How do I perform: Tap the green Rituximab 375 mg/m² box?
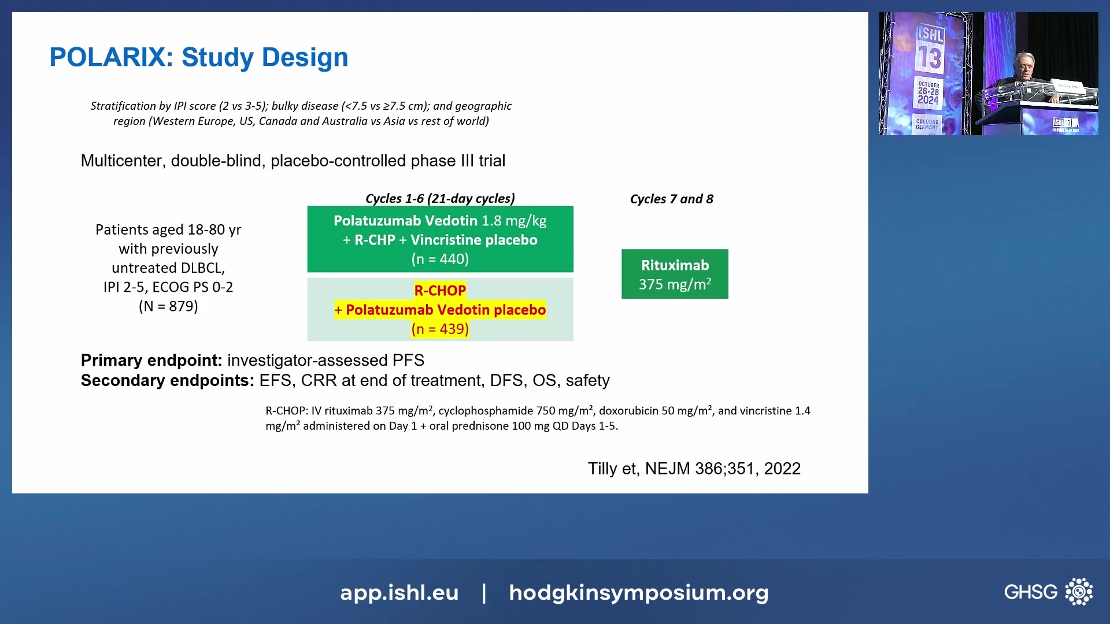click(675, 274)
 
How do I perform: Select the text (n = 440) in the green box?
click(440, 259)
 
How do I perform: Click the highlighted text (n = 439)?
click(440, 329)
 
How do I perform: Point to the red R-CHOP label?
click(440, 290)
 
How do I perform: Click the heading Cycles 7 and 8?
click(671, 199)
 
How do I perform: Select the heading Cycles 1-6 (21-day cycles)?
click(440, 198)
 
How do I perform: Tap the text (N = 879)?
click(168, 306)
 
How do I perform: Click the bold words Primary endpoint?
click(151, 361)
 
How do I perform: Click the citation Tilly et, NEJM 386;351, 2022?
click(694, 469)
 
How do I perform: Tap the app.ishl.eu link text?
click(399, 592)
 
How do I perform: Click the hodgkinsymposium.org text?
click(638, 593)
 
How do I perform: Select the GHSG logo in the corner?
click(1048, 592)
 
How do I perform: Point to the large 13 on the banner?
click(930, 58)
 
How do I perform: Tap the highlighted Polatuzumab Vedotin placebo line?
click(440, 310)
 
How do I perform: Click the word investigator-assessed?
click(308, 361)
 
